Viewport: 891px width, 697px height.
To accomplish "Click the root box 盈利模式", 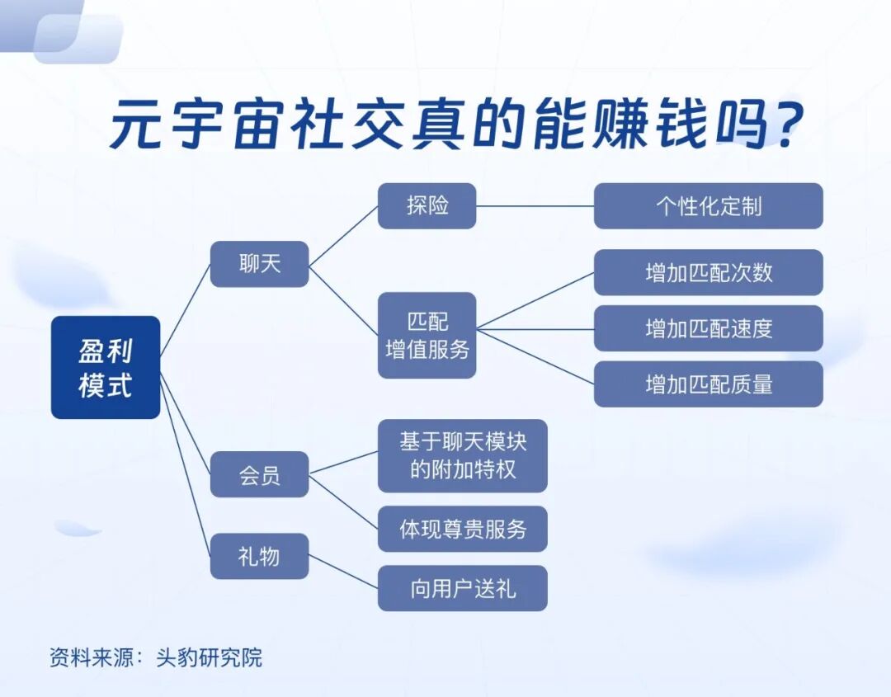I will click(106, 367).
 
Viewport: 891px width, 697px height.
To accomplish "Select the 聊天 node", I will click(259, 264).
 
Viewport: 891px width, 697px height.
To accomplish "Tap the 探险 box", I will click(427, 205).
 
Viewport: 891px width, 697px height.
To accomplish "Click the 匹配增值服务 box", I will click(427, 335).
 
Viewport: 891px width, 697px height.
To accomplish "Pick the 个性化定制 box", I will click(708, 205).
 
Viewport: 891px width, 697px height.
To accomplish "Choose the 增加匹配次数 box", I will click(708, 272).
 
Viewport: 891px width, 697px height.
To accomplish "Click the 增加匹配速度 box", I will click(708, 328).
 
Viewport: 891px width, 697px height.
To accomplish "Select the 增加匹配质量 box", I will click(708, 384).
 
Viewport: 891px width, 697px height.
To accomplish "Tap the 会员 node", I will click(259, 475).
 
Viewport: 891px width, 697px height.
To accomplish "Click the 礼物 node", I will click(259, 556).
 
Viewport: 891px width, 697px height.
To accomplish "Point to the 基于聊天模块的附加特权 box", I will click(462, 455).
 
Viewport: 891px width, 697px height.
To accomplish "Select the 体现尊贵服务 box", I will click(462, 529).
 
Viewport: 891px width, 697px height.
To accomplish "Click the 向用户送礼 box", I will click(462, 588).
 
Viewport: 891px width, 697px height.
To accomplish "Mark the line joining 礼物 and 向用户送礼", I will click(343, 572).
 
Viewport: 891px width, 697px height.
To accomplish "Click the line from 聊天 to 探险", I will click(343, 235).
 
